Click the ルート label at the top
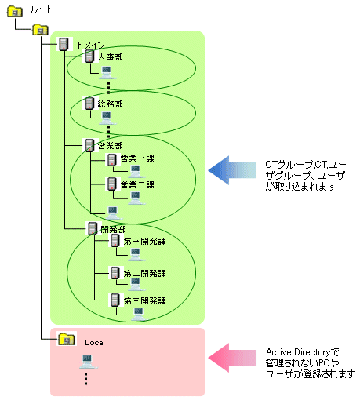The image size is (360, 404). (42, 9)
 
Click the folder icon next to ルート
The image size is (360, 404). (15, 12)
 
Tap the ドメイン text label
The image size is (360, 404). (91, 45)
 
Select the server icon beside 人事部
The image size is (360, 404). (89, 56)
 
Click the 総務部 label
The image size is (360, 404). (110, 104)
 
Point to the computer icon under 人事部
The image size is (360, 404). (107, 72)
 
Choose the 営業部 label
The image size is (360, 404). (110, 145)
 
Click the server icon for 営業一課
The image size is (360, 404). (112, 159)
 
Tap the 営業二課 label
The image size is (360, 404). (137, 185)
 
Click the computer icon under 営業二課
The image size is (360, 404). (136, 198)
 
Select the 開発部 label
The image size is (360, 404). (113, 230)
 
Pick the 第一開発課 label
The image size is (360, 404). (144, 241)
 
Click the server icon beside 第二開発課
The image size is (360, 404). (115, 273)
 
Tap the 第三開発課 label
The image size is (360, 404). (144, 300)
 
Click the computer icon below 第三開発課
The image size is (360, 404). (138, 314)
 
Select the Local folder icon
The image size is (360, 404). (67, 339)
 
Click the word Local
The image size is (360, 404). (95, 343)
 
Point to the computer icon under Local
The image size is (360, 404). (88, 362)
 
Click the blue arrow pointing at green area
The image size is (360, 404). (232, 170)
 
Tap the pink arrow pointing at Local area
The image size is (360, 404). (232, 358)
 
